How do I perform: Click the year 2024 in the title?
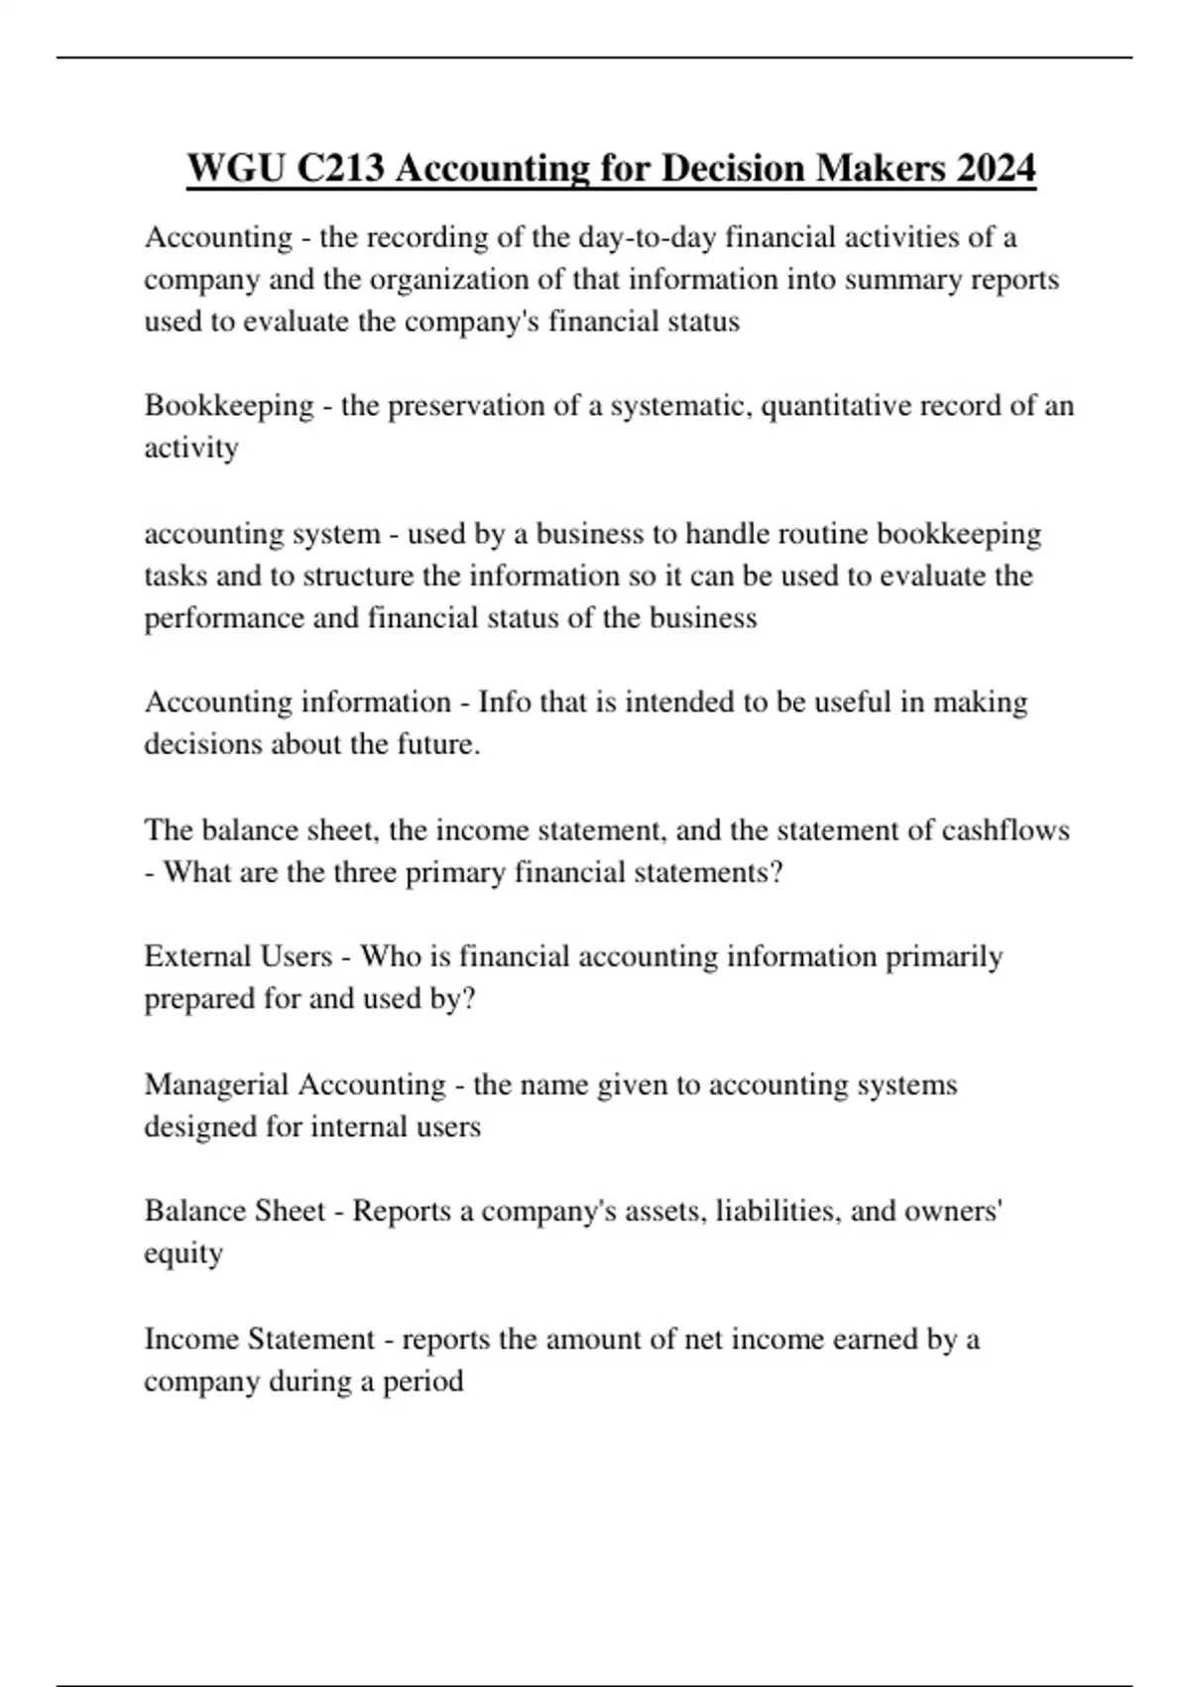pos(997,168)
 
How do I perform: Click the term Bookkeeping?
pos(229,406)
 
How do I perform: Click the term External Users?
pos(238,957)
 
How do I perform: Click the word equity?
pos(183,1254)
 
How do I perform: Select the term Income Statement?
pos(260,1340)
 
